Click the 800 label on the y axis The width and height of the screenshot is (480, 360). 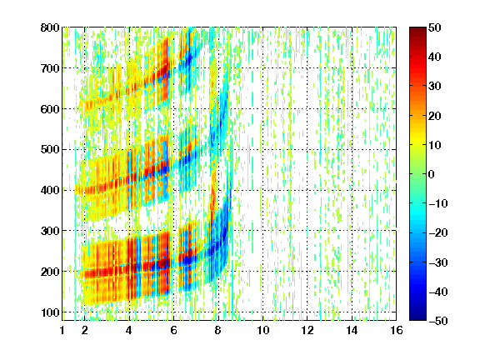click(x=50, y=27)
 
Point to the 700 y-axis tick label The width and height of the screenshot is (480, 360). click(x=50, y=68)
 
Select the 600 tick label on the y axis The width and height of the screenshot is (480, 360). click(x=50, y=109)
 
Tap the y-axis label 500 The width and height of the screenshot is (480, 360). click(x=50, y=150)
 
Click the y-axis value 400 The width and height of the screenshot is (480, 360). click(x=50, y=190)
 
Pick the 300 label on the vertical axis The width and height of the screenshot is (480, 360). click(x=50, y=231)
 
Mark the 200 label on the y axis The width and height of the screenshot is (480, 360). click(x=50, y=272)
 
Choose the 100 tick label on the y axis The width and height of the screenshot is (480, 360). click(x=50, y=312)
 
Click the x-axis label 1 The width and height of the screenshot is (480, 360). click(x=62, y=330)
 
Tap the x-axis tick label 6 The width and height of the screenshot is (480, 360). click(x=173, y=330)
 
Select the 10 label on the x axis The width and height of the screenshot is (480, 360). click(x=262, y=330)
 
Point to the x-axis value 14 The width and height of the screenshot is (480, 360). click(x=352, y=330)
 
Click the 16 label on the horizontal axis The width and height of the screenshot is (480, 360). click(x=397, y=330)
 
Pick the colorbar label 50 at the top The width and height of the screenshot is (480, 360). click(x=434, y=27)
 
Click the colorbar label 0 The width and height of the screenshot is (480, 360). click(x=432, y=174)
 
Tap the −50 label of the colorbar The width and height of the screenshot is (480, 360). click(x=438, y=321)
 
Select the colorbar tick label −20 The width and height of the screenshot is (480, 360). click(x=438, y=232)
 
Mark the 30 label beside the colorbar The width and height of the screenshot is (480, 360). click(x=434, y=87)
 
